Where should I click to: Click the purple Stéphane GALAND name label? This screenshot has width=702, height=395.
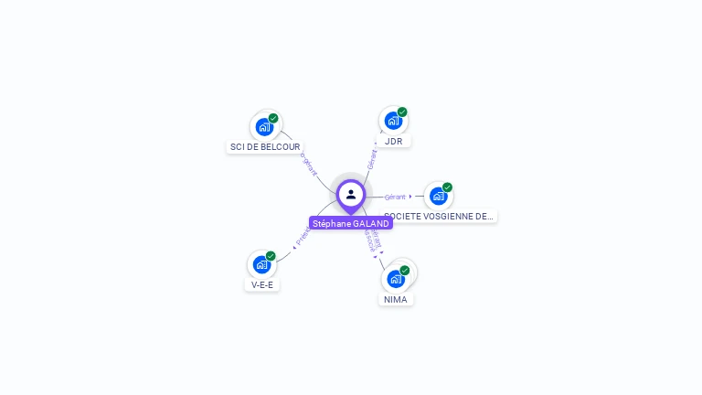351,223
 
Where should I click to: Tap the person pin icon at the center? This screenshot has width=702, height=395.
351,195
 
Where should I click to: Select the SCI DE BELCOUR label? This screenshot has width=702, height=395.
265,146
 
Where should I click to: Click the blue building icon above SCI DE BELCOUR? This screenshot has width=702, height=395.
264,126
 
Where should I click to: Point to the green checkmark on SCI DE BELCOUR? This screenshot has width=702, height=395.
273,118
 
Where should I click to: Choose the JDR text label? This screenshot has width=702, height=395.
394,141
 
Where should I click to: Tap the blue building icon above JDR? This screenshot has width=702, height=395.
392,121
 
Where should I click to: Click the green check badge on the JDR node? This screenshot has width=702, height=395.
402,112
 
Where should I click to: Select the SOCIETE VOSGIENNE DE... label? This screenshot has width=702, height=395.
439,217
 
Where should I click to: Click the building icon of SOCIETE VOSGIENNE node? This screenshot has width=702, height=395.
438,196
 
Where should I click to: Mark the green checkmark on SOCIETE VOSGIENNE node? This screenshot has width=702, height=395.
447,187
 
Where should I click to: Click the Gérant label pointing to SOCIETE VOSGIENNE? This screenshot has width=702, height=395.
395,197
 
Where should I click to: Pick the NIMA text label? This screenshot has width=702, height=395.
396,299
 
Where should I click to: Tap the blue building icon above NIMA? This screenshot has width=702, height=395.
395,278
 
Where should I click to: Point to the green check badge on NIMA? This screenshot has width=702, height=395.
405,270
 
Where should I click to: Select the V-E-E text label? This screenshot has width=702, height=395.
262,284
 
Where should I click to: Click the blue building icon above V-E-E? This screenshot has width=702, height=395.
261,264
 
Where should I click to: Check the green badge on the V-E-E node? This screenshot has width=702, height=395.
271,256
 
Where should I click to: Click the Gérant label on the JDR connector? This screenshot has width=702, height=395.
372,158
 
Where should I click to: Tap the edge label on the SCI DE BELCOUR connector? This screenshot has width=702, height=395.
310,165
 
